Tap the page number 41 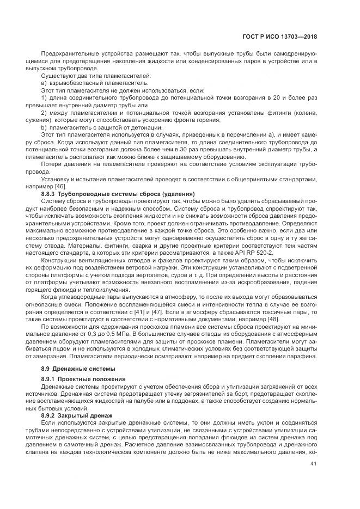pyautogui.click(x=313, y=464)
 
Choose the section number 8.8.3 pyautogui.click(x=51, y=194)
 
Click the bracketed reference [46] pyautogui.click(x=72, y=187)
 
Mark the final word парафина pyautogui.click(x=301, y=356)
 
